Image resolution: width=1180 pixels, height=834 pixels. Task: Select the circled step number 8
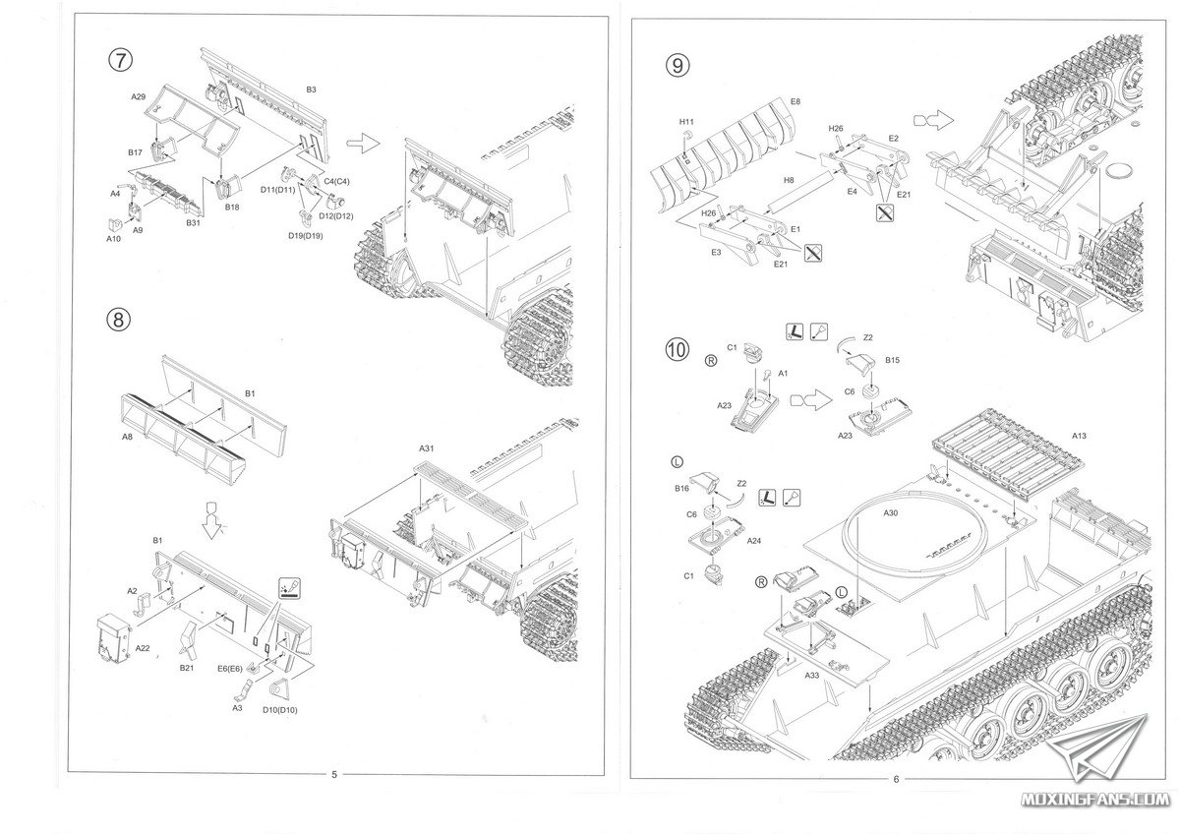[120, 320]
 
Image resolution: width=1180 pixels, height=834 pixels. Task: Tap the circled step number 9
[678, 66]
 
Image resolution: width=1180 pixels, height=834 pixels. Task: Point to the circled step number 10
[678, 352]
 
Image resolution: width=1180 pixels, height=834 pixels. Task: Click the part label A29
[139, 97]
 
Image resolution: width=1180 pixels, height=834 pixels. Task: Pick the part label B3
[311, 89]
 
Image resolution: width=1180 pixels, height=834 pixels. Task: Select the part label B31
[195, 223]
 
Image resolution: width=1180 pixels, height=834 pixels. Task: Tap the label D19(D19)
[304, 235]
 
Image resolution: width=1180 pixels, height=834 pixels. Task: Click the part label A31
[427, 448]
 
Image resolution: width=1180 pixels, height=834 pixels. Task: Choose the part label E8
[795, 101]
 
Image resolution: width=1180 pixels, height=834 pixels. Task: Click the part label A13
[1079, 436]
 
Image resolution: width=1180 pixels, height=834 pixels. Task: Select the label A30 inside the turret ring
[891, 513]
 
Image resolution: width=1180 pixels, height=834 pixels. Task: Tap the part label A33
[812, 676]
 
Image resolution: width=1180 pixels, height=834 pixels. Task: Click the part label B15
[892, 361]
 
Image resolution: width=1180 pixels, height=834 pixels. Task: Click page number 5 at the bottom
[334, 774]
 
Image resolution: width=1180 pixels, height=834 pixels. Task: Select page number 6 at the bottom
[897, 779]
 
